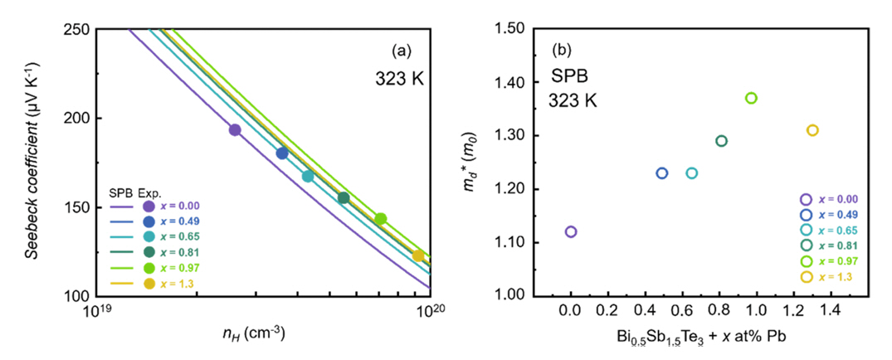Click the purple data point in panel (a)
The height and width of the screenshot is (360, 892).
[x=235, y=129]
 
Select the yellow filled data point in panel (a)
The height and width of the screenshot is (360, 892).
[x=418, y=255]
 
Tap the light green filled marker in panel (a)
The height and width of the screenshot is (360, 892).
[x=381, y=219]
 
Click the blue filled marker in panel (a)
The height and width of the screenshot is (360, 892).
[x=282, y=153]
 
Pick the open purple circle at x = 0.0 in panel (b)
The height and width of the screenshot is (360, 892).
[x=571, y=231]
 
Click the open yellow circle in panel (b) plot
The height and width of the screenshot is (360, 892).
[x=812, y=130]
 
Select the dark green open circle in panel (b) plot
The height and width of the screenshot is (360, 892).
[x=721, y=141]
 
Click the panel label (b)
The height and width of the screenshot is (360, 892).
[x=563, y=49]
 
